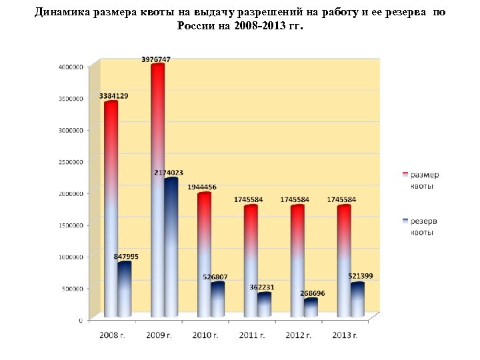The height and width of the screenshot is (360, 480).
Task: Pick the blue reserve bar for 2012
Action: pos(311,308)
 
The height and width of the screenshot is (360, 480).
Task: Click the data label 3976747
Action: pos(156,59)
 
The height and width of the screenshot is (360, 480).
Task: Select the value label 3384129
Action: pos(114,96)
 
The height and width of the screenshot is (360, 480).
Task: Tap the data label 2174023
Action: pos(169,173)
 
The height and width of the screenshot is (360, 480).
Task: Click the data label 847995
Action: pos(127,256)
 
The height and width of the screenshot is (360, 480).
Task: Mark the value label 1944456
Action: pos(203,187)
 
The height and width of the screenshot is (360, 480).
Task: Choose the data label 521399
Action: pos(361,276)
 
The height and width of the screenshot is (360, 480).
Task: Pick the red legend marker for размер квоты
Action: pos(405,175)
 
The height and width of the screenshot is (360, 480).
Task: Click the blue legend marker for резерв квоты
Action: pos(405,221)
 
